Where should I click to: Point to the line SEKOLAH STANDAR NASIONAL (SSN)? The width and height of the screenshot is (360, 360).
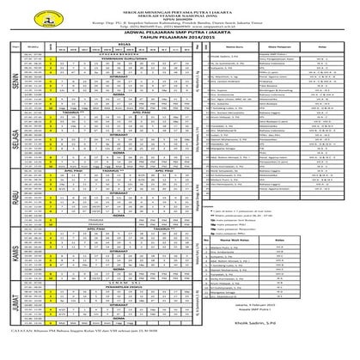pyautogui.click(x=180, y=11)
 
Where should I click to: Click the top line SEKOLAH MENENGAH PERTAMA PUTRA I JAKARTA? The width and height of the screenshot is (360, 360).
pyautogui.click(x=180, y=5)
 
